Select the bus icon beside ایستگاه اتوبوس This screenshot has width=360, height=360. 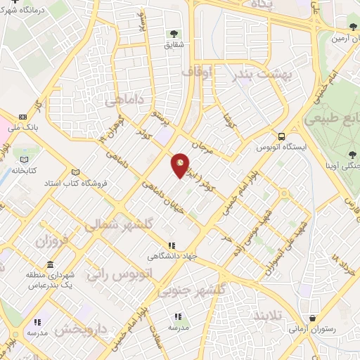[281, 137]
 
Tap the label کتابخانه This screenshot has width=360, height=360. [22, 170]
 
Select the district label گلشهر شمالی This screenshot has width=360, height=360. [112, 226]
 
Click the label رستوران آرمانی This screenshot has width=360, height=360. [312, 328]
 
